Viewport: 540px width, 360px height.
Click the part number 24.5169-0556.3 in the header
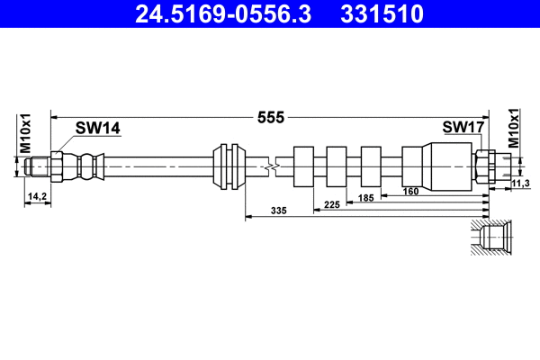point(223,14)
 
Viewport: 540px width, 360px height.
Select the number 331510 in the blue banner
point(382,14)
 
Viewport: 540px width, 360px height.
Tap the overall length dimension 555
point(271,118)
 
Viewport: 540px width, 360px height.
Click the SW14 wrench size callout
point(98,128)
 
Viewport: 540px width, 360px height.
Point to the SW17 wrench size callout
point(463,127)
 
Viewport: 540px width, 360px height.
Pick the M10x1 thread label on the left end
point(25,133)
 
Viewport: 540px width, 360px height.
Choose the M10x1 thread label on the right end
point(513,128)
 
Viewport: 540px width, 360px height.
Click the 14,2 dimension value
point(37,196)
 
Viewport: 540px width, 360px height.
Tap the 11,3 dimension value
point(520,184)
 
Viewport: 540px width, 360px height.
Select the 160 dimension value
point(410,191)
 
